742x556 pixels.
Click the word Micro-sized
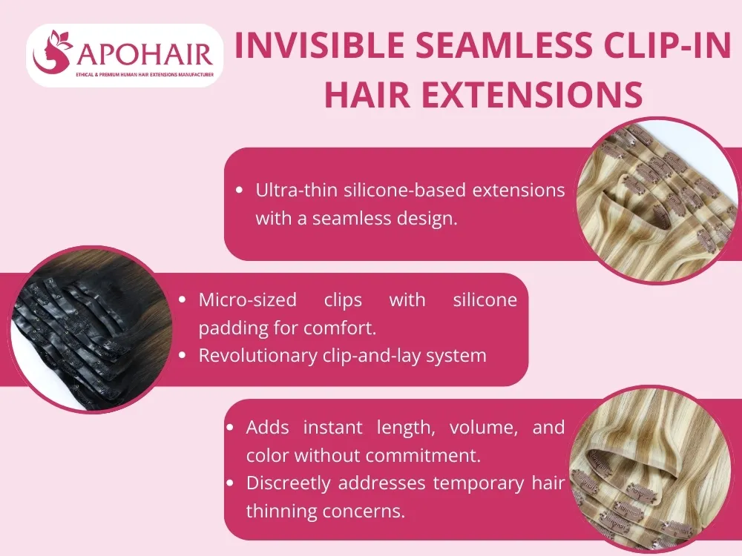[247, 299]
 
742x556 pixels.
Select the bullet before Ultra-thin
[239, 191]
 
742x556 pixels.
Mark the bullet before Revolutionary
[183, 356]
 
